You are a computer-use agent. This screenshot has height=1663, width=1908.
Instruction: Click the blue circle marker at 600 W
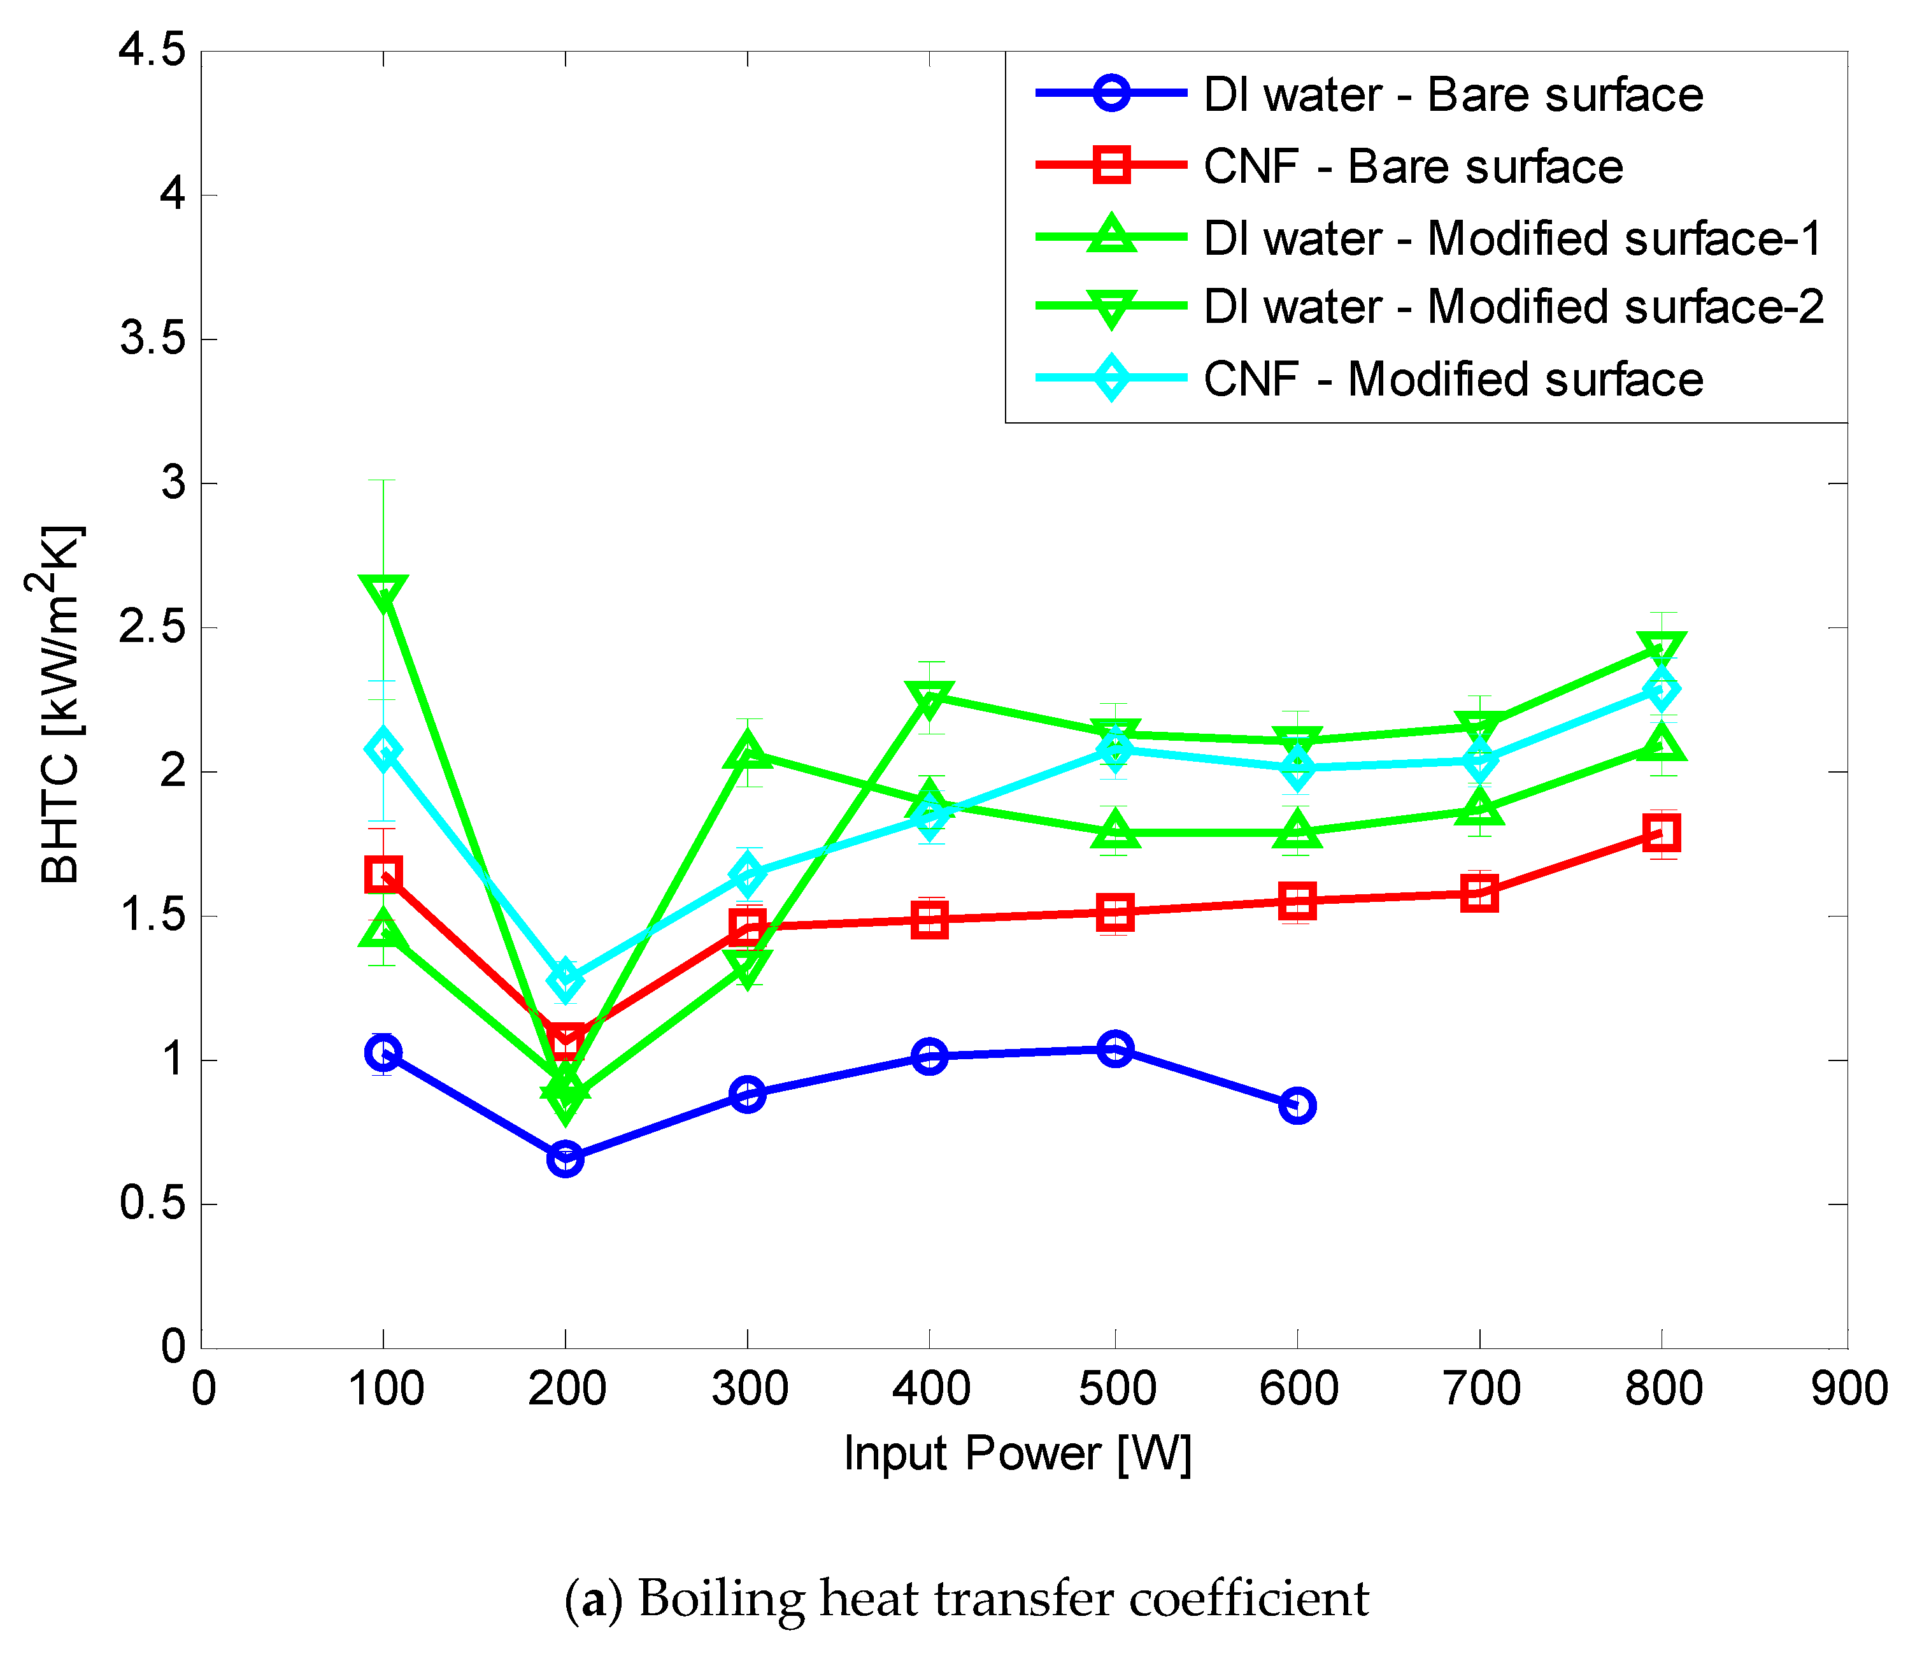pyautogui.click(x=1297, y=1105)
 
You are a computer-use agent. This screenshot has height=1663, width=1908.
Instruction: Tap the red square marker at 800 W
pyautogui.click(x=1661, y=832)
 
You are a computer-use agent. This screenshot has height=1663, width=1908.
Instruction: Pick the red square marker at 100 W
pyautogui.click(x=383, y=873)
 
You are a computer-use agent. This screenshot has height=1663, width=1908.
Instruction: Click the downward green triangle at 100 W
pyautogui.click(x=383, y=592)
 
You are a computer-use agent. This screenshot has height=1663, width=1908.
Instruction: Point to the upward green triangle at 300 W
pyautogui.click(x=748, y=750)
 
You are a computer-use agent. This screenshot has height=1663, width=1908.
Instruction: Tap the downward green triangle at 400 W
pyautogui.click(x=930, y=697)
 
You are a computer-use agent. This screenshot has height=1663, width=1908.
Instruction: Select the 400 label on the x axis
pyautogui.click(x=931, y=1389)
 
